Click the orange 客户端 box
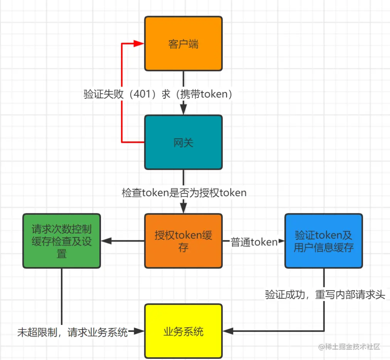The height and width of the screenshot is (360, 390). (x=183, y=43)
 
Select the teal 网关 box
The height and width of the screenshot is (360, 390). (x=183, y=142)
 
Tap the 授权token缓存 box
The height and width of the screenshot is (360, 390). (x=183, y=241)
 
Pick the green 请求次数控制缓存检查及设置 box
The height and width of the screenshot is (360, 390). (x=62, y=241)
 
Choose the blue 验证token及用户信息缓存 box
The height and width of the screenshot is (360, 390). (x=323, y=241)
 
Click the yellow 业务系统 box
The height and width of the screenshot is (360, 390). (x=183, y=332)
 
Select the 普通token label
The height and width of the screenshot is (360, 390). (x=253, y=242)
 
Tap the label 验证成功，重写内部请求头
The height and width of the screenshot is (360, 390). (x=325, y=295)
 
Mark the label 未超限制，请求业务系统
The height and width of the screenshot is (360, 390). (x=73, y=333)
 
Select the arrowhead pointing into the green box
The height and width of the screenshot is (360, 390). (x=106, y=241)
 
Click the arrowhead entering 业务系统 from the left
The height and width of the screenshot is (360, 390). (x=140, y=332)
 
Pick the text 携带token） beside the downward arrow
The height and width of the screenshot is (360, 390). (x=211, y=95)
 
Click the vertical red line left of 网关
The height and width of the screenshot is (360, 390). (x=122, y=117)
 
